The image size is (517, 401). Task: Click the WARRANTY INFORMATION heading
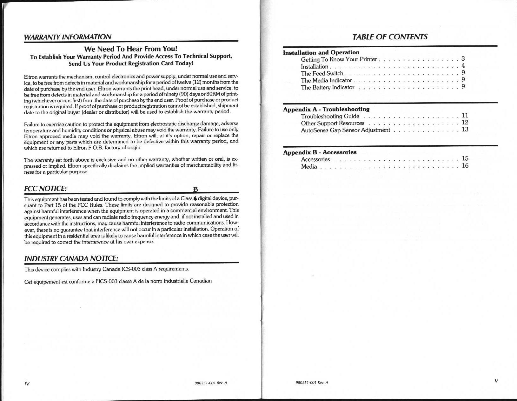[68, 37]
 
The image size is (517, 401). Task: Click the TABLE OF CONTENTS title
[390, 37]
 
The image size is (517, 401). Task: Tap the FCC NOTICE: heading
[45, 189]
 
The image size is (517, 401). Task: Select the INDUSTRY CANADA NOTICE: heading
[71, 258]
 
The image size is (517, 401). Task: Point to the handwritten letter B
[196, 190]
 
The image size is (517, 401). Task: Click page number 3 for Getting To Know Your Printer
[463, 59]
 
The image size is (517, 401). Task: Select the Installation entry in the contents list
[315, 66]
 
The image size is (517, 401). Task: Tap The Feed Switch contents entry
[322, 73]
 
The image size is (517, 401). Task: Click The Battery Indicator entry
[328, 87]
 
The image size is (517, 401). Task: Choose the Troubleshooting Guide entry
[330, 116]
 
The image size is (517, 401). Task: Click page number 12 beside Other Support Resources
[465, 123]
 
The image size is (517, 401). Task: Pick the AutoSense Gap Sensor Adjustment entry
[345, 130]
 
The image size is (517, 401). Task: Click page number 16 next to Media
[465, 166]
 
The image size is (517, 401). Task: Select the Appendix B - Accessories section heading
[320, 152]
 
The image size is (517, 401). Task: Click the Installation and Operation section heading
[321, 53]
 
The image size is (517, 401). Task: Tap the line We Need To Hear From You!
[130, 49]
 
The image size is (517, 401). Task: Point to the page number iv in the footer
[27, 383]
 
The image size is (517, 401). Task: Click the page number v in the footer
[496, 381]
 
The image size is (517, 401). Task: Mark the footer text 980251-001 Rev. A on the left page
[211, 383]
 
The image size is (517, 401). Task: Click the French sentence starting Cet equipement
[118, 281]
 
